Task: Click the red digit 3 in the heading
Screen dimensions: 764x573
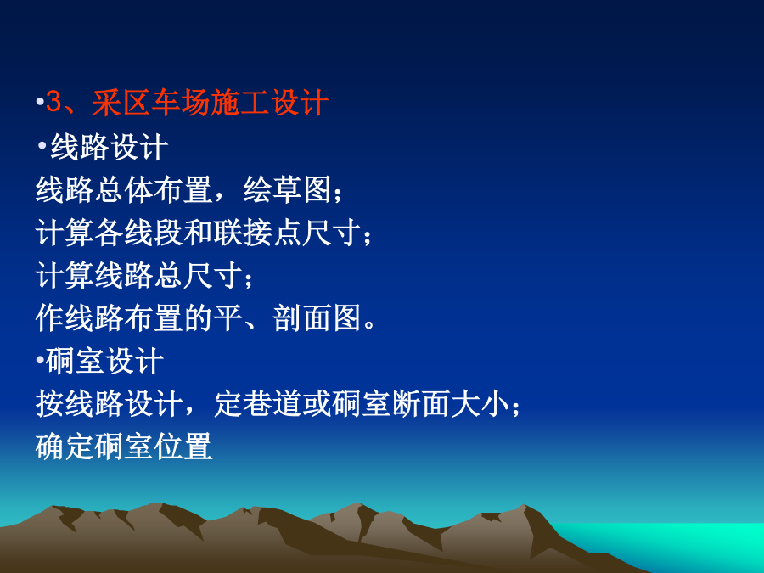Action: [53, 103]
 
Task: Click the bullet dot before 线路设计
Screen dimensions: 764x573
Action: [42, 144]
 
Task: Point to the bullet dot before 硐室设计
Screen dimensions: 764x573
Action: [40, 360]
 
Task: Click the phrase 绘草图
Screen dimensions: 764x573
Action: [288, 189]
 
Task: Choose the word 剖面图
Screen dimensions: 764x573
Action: [317, 318]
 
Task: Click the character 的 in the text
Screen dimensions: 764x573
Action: [198, 318]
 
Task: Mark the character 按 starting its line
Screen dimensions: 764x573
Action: [50, 404]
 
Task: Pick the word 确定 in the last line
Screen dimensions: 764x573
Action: [65, 447]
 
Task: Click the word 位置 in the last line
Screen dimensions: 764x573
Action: [183, 447]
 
